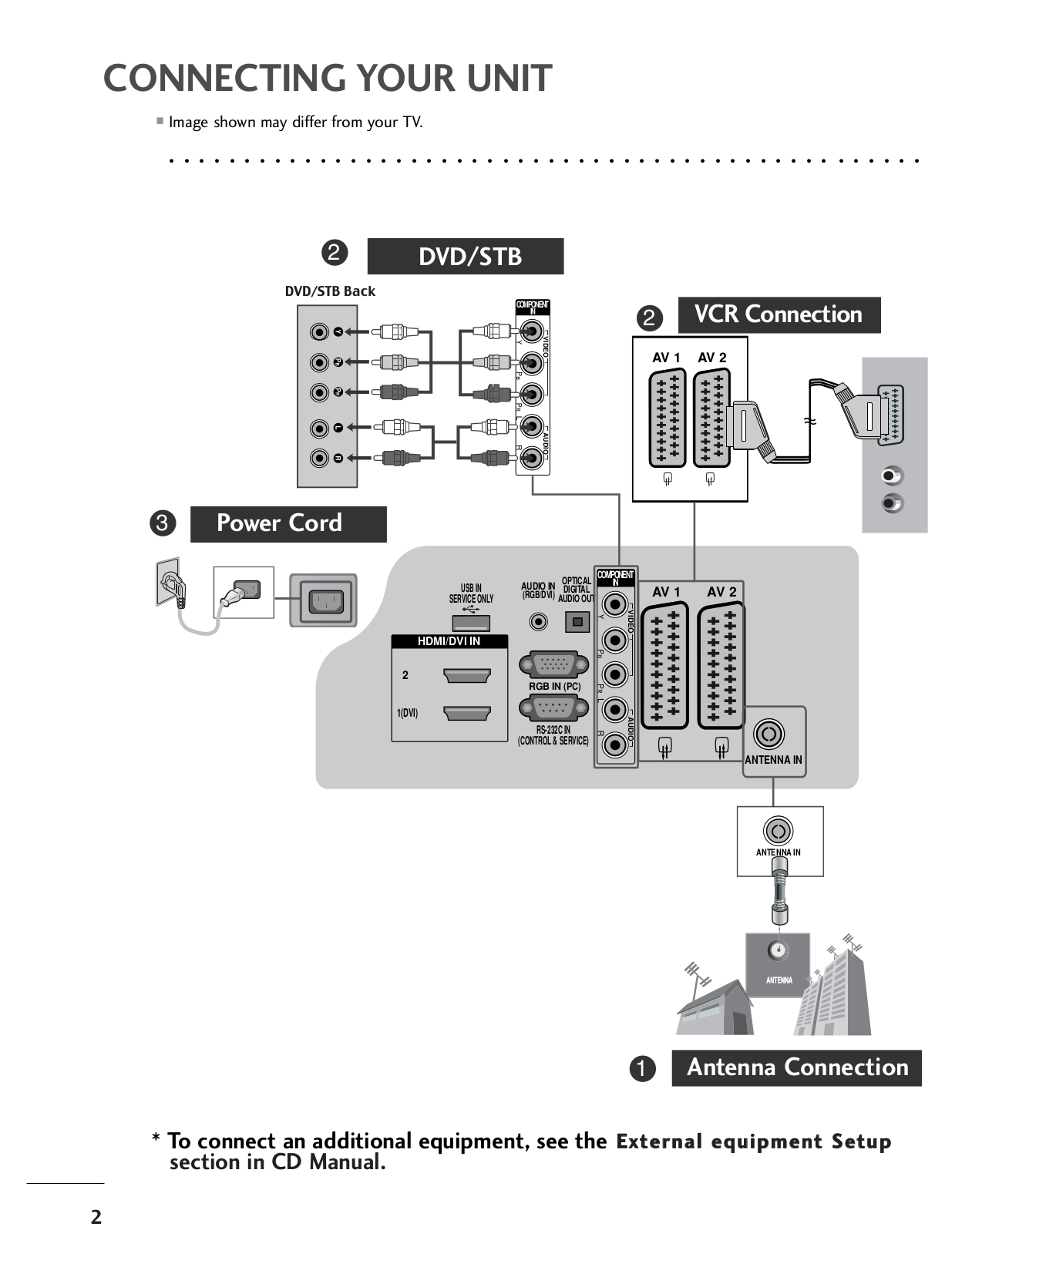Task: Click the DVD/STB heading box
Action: (465, 257)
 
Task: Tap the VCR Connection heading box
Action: (779, 314)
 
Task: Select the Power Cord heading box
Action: (288, 524)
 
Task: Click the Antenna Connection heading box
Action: (796, 1067)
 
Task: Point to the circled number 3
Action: (163, 523)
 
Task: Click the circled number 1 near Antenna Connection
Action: (641, 1068)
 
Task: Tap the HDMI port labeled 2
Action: (467, 676)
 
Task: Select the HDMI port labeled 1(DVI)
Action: (467, 713)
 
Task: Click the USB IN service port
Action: (470, 623)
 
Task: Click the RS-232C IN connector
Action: (553, 707)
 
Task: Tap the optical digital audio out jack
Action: (577, 621)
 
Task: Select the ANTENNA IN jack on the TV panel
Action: (768, 734)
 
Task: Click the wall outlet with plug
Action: (171, 583)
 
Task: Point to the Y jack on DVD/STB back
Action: (320, 332)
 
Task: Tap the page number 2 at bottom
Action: (96, 1217)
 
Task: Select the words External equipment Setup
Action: (753, 1141)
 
